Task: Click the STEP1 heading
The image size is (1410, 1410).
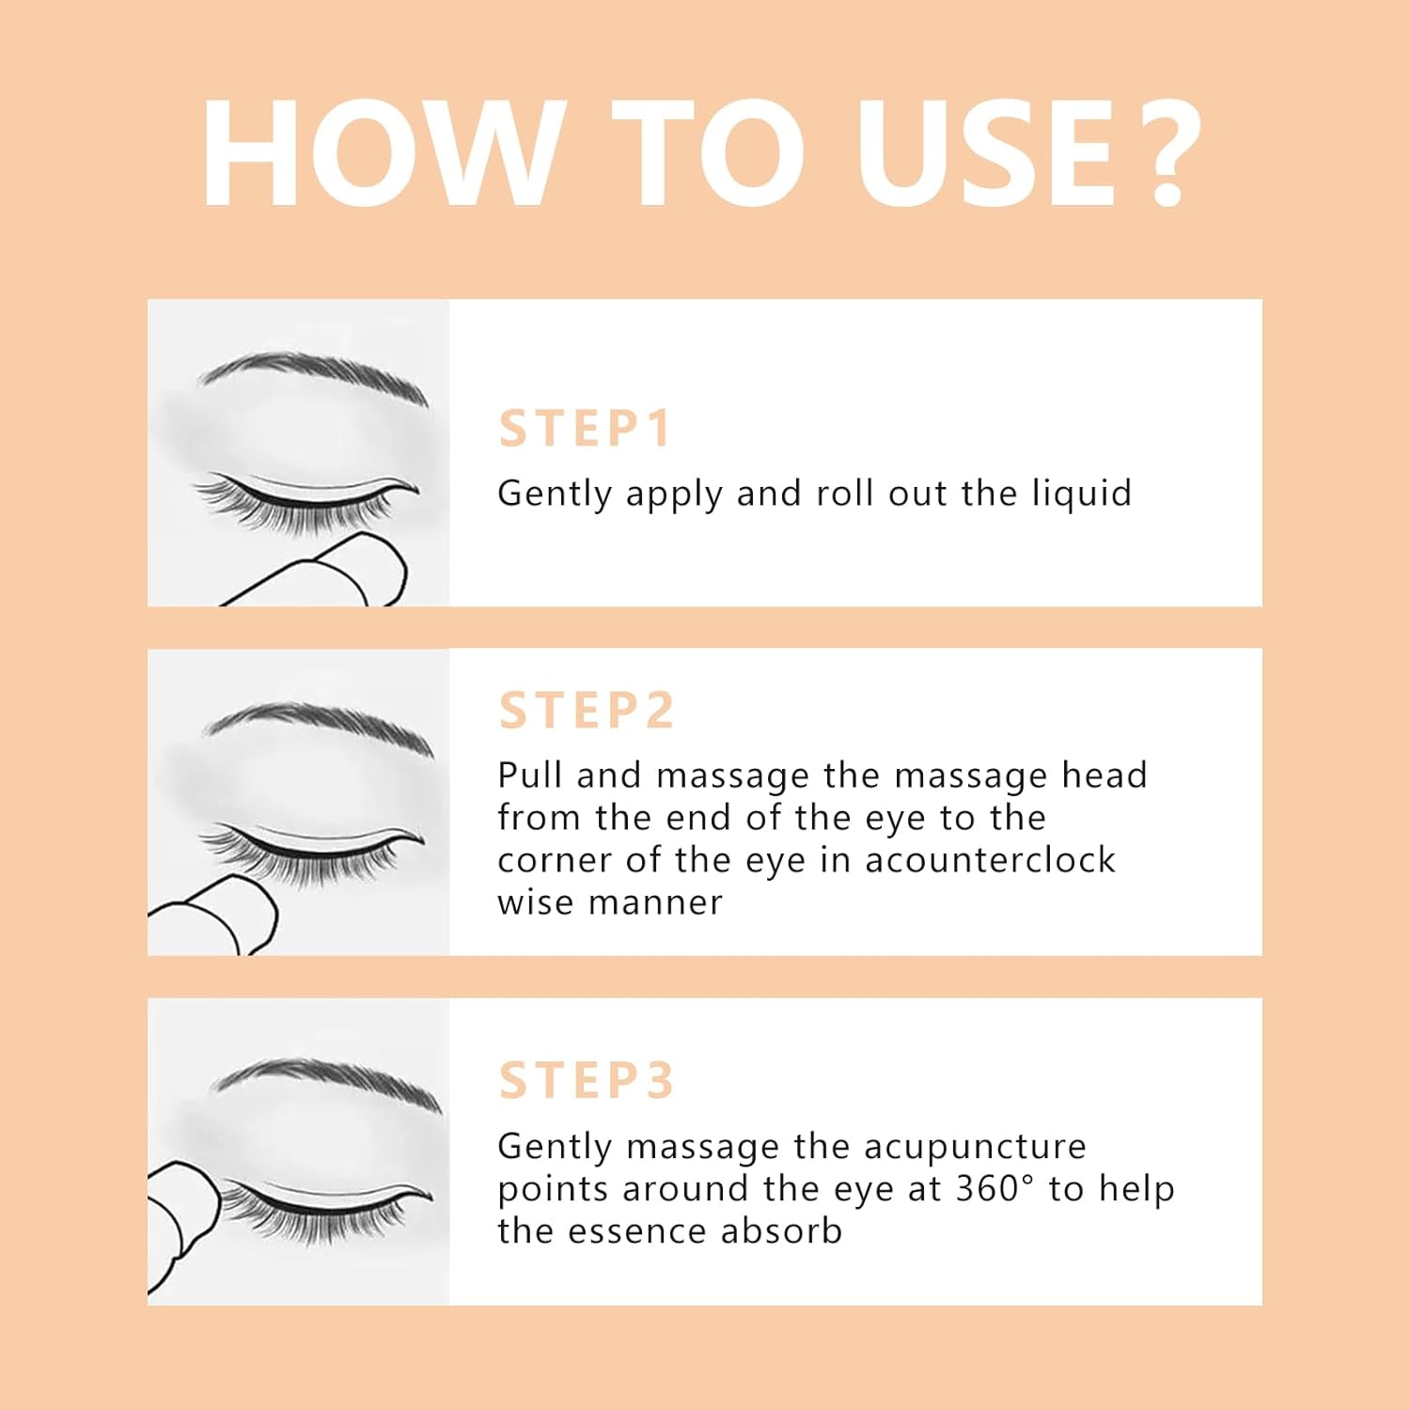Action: pyautogui.click(x=585, y=429)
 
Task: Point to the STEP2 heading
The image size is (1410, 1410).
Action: pyautogui.click(x=587, y=710)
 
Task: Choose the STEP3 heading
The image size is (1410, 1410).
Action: pyautogui.click(x=587, y=1080)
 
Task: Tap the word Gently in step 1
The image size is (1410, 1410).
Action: pyautogui.click(x=555, y=494)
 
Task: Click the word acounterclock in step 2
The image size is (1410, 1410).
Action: pyautogui.click(x=990, y=860)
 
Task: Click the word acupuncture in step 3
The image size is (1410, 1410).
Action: pyautogui.click(x=975, y=1148)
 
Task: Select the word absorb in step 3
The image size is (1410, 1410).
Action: pyautogui.click(x=782, y=1231)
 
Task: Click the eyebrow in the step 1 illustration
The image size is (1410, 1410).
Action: pyautogui.click(x=315, y=373)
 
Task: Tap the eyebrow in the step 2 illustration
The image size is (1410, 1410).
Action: pyautogui.click(x=320, y=724)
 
